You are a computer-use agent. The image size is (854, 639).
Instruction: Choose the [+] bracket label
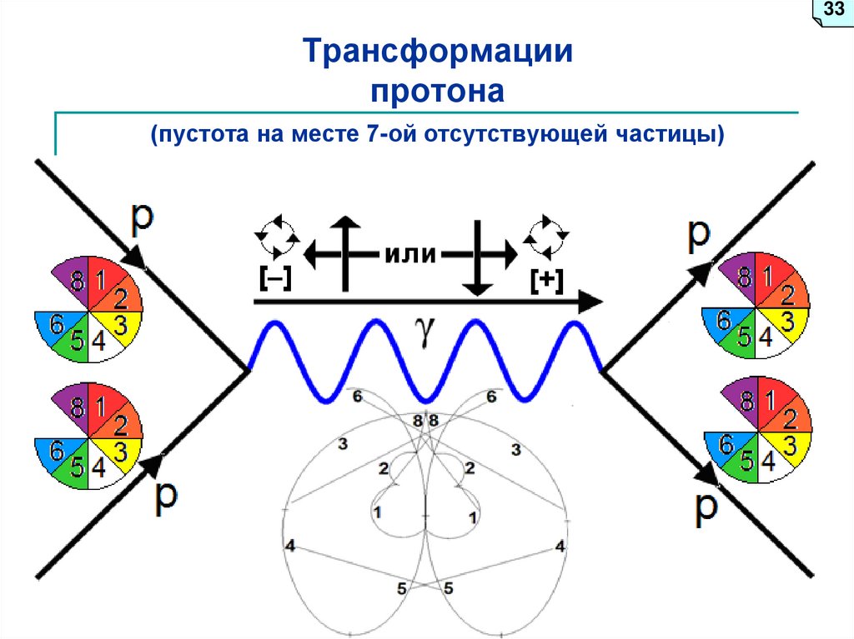(545, 281)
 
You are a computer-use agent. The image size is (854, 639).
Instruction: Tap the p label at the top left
(143, 217)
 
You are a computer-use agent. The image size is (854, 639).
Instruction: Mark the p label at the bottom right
(706, 507)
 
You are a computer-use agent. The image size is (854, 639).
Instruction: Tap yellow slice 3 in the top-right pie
(786, 320)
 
